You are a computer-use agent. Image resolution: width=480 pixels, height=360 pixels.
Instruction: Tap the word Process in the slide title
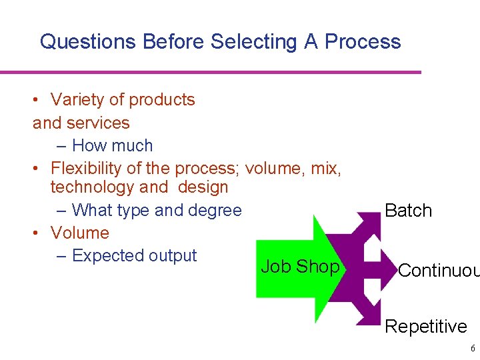point(362,42)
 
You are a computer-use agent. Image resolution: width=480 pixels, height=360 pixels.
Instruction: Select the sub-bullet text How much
point(112,146)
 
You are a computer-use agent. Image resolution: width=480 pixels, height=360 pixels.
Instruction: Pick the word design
point(203,187)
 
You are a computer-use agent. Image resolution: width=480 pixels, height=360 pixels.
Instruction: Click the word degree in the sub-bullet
point(215,211)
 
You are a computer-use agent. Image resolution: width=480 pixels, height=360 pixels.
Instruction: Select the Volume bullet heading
point(79,233)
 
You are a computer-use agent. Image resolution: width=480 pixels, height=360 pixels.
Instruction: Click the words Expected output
point(134,256)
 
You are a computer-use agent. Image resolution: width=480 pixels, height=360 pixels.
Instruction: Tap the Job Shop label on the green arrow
point(300,267)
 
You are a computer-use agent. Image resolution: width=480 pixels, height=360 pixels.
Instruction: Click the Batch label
point(409,211)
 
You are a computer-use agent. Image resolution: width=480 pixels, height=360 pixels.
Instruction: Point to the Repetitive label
point(426,327)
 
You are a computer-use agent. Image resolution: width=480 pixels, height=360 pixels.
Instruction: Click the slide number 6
point(473,349)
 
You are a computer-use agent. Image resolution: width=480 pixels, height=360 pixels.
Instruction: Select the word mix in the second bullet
point(325,169)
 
